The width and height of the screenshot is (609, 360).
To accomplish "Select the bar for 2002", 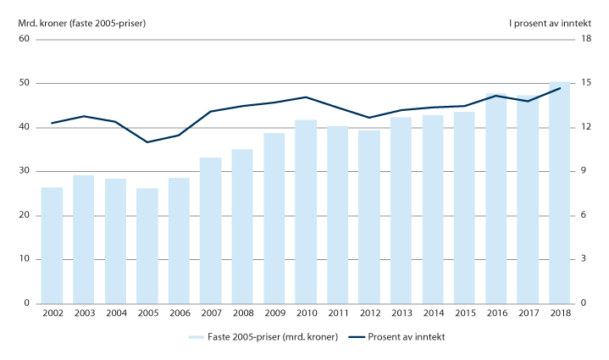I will (x=52, y=245).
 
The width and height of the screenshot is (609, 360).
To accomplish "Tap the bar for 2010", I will (x=306, y=211).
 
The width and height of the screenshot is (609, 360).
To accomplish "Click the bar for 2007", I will (x=211, y=230).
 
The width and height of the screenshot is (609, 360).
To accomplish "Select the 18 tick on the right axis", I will (x=584, y=39).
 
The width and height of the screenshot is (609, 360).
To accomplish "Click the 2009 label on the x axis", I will (x=274, y=313).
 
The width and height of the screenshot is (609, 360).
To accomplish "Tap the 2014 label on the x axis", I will (x=433, y=313).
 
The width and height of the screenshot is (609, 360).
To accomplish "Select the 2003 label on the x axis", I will (x=83, y=313).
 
